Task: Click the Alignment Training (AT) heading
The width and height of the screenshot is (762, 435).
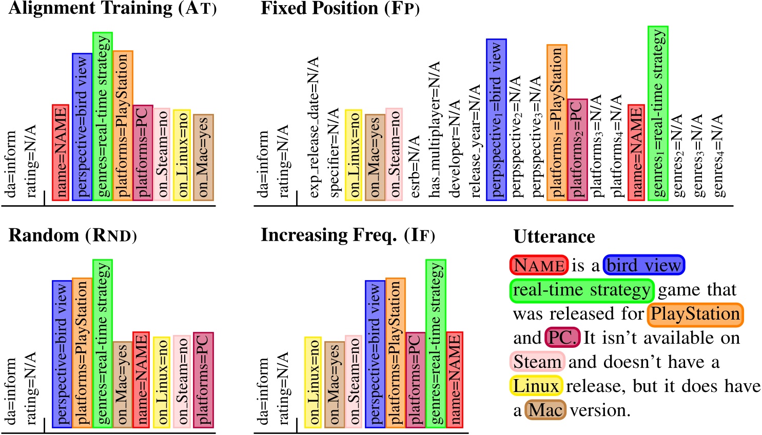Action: point(112,9)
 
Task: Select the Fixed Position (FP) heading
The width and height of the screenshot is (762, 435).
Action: point(340,9)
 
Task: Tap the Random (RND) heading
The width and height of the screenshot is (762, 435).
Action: point(73,235)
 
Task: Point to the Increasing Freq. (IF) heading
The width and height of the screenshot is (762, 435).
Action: point(348,235)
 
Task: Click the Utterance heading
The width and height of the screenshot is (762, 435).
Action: point(554,236)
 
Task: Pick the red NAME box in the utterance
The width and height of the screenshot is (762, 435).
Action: point(539,265)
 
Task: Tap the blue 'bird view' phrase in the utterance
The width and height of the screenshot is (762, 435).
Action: point(644,265)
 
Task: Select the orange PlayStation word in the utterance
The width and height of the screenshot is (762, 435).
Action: point(695,314)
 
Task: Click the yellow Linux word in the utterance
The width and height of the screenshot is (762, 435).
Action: point(536,386)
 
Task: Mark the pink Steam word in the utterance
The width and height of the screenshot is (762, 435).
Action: point(537,362)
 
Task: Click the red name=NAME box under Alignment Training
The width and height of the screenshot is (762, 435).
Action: point(61,152)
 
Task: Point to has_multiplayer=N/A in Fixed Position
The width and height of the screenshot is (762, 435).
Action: point(435,130)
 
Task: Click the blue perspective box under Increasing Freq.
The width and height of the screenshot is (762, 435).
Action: point(375,354)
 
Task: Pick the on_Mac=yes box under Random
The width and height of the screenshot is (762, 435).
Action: point(123,384)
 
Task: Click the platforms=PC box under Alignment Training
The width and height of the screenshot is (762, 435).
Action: point(143,152)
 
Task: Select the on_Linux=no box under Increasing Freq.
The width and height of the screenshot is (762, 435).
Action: point(313,382)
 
